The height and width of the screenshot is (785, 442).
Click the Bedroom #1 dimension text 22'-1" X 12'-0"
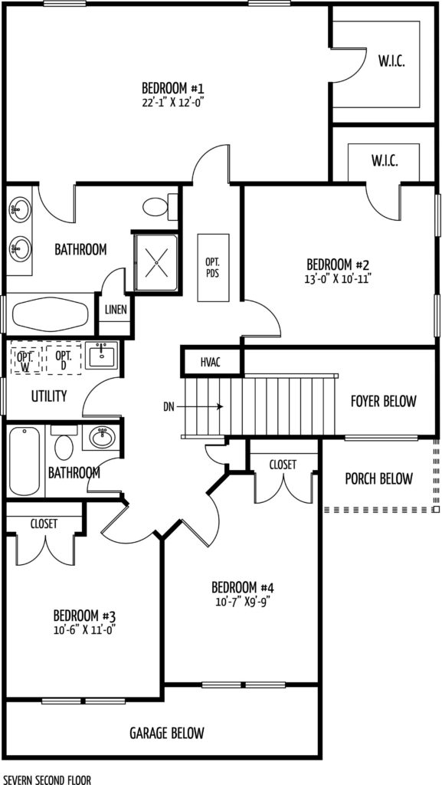(173, 102)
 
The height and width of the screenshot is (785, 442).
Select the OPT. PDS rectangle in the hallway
(213, 268)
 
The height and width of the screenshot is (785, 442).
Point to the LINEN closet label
(116, 310)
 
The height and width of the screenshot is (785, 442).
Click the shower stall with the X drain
(156, 262)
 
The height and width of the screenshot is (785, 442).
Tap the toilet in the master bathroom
(160, 206)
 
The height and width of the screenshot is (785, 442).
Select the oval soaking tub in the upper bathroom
(50, 314)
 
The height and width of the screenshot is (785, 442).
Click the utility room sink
(102, 356)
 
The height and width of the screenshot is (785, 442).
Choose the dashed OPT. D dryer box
(64, 357)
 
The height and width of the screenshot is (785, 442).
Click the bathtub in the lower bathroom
(24, 461)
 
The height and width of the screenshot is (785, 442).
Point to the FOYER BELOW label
(384, 401)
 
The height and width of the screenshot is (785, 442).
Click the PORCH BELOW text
(379, 478)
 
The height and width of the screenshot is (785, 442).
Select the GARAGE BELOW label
(167, 734)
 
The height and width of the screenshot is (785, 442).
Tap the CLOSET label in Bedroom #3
(44, 524)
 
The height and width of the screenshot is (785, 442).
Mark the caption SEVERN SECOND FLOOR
(45, 780)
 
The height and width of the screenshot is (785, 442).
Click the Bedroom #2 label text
(339, 264)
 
